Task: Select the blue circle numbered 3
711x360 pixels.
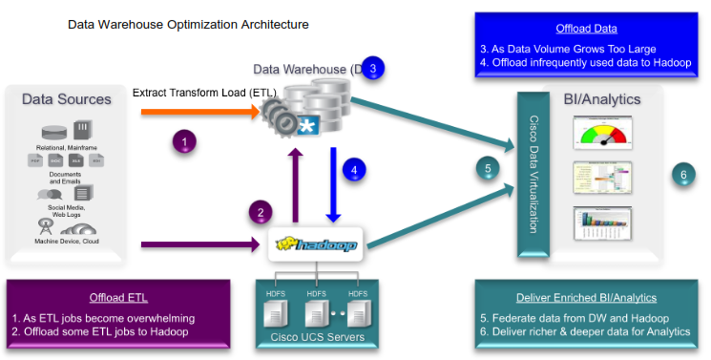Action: pos(373,68)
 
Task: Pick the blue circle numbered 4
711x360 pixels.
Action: pos(354,169)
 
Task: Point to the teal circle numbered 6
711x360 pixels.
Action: pos(682,174)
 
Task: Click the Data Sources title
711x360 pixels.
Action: pos(67,99)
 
